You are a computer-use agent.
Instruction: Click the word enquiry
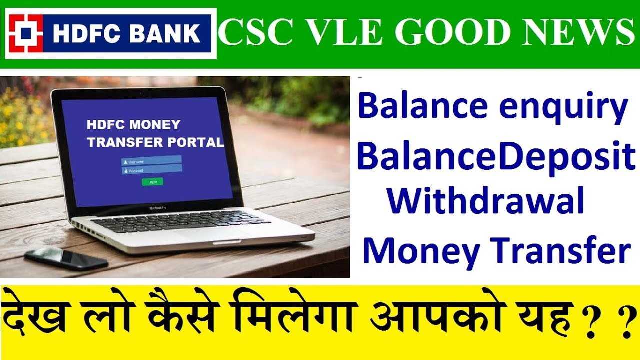tap(560, 107)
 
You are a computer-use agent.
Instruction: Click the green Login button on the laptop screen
tap(152, 182)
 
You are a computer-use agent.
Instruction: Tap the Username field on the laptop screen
tap(151, 162)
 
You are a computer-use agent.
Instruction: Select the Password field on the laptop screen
tap(151, 170)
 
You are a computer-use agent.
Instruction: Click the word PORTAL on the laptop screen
tap(195, 142)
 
